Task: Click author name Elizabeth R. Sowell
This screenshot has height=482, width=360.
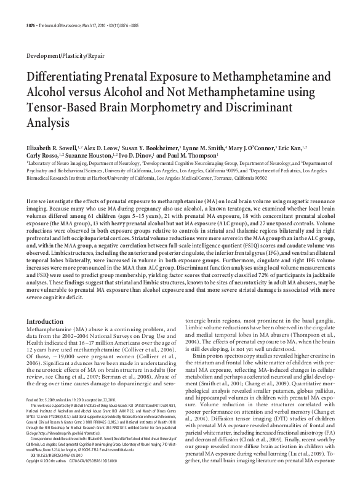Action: click(x=54, y=148)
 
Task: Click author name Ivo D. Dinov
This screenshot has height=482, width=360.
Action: click(x=135, y=157)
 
